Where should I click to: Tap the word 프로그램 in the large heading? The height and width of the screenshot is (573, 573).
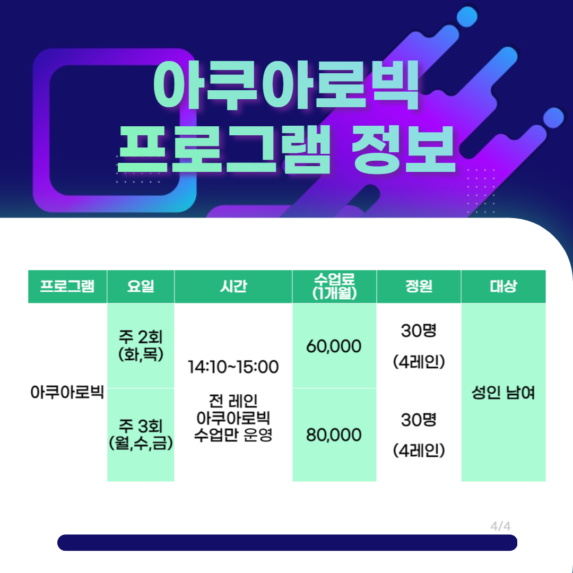224,149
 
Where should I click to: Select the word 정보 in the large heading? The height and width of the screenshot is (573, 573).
403,149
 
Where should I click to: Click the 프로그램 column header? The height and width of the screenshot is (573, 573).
67,286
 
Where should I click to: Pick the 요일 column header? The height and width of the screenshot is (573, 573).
141,286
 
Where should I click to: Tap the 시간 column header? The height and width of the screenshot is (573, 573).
233,286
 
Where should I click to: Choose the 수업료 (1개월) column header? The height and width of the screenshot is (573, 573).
334,286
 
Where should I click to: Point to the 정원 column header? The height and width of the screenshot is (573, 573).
419,286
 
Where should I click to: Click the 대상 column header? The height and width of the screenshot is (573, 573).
503,286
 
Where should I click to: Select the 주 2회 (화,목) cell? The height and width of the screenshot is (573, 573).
141,345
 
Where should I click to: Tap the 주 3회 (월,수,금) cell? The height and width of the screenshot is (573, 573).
141,435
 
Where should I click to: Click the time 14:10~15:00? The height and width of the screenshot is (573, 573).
233,367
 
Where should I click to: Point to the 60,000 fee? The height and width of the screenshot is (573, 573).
334,346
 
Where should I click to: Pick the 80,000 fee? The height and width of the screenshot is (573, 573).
334,435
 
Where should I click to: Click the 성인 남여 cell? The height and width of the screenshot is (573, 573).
503,393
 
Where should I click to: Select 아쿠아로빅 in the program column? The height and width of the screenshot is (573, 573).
67,393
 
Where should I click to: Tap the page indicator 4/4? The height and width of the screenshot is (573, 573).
500,526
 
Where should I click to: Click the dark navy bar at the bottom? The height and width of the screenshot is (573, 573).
287,542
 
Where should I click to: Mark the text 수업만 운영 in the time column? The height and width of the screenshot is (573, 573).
233,435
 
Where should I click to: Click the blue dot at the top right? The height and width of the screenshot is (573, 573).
467,17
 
